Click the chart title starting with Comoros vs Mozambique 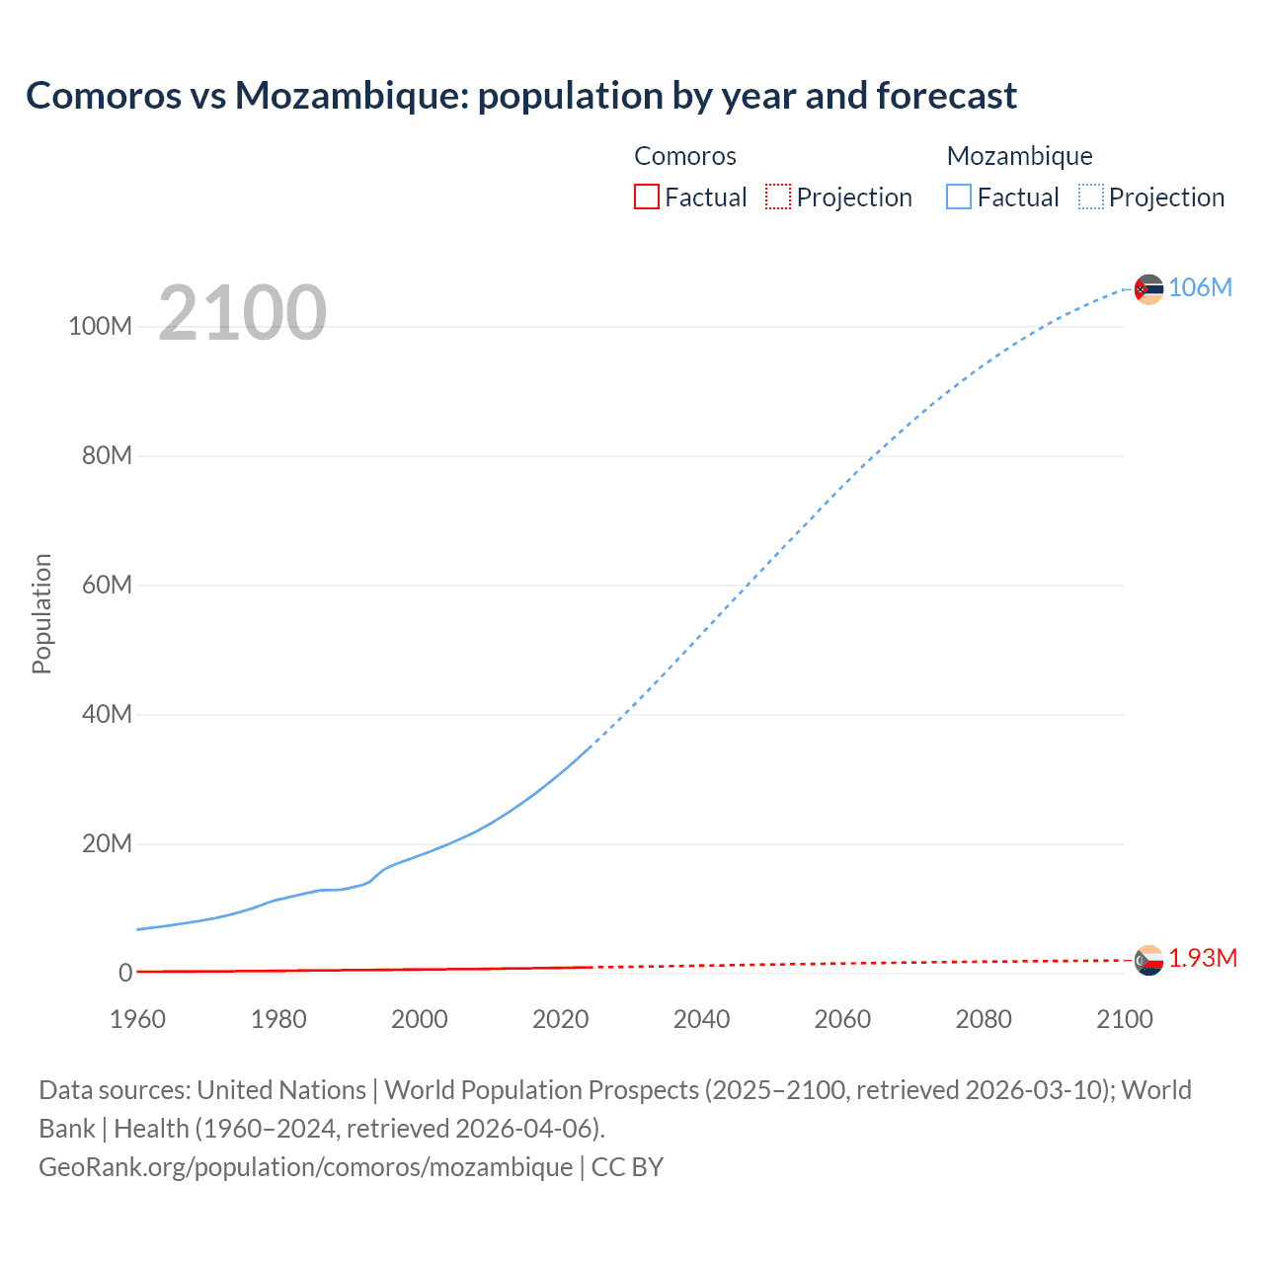click(x=520, y=96)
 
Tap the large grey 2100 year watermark click(x=242, y=312)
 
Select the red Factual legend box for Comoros click(x=646, y=197)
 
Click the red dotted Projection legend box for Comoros click(x=778, y=197)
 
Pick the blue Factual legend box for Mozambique click(x=959, y=197)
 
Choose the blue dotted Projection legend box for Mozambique click(x=1091, y=197)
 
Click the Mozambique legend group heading click(x=1019, y=156)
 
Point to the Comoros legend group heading click(x=684, y=156)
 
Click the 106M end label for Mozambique click(x=1200, y=287)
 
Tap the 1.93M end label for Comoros click(x=1203, y=959)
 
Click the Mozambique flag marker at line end click(x=1148, y=289)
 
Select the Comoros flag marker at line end click(x=1148, y=960)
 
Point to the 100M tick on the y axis click(x=100, y=327)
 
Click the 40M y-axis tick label click(x=106, y=714)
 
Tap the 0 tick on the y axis click(x=125, y=973)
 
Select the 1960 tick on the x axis click(x=137, y=1019)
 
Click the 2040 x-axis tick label click(x=701, y=1019)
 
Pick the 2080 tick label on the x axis click(x=984, y=1019)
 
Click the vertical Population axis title click(x=41, y=613)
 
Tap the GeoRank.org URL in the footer click(x=305, y=1167)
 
